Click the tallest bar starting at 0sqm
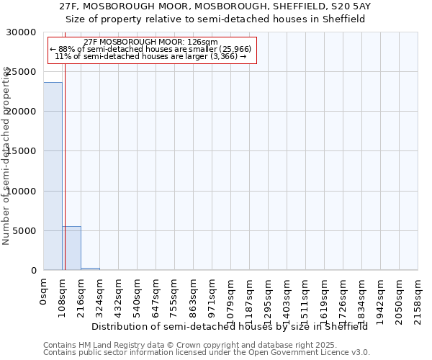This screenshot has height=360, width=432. (x=53, y=176)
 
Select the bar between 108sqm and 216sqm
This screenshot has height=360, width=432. (x=71, y=248)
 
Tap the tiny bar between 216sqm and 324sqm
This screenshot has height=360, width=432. (x=90, y=269)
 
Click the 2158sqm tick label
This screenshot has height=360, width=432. (x=418, y=297)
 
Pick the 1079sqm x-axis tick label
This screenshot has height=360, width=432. (x=230, y=297)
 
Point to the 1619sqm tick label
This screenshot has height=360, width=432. (x=324, y=297)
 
